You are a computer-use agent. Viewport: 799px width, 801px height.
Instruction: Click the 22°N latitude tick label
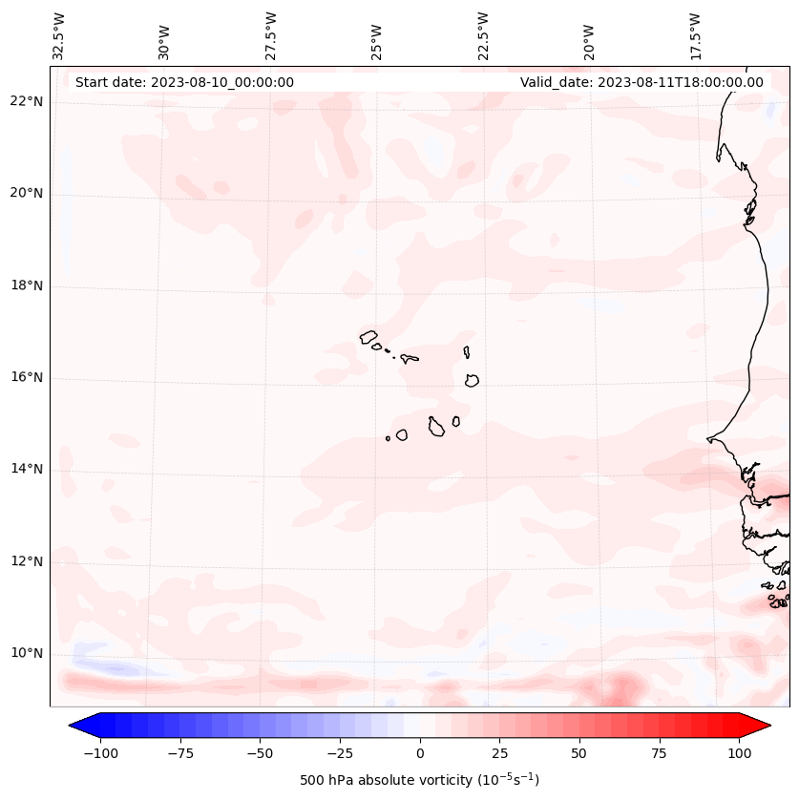(27, 101)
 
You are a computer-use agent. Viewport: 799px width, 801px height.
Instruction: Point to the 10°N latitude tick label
(27, 654)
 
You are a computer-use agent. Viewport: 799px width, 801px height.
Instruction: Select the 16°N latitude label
(27, 377)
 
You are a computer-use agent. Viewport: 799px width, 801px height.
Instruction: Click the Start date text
(184, 82)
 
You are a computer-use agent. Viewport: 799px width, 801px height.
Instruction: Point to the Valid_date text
(641, 82)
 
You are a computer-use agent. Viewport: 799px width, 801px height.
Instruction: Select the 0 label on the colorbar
(420, 753)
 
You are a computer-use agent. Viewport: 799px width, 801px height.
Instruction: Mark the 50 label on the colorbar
(579, 753)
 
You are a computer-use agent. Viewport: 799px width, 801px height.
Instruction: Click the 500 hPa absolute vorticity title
(419, 780)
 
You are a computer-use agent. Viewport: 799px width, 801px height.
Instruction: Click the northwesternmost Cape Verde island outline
(368, 336)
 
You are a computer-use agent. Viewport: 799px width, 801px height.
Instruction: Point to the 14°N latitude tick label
(27, 469)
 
